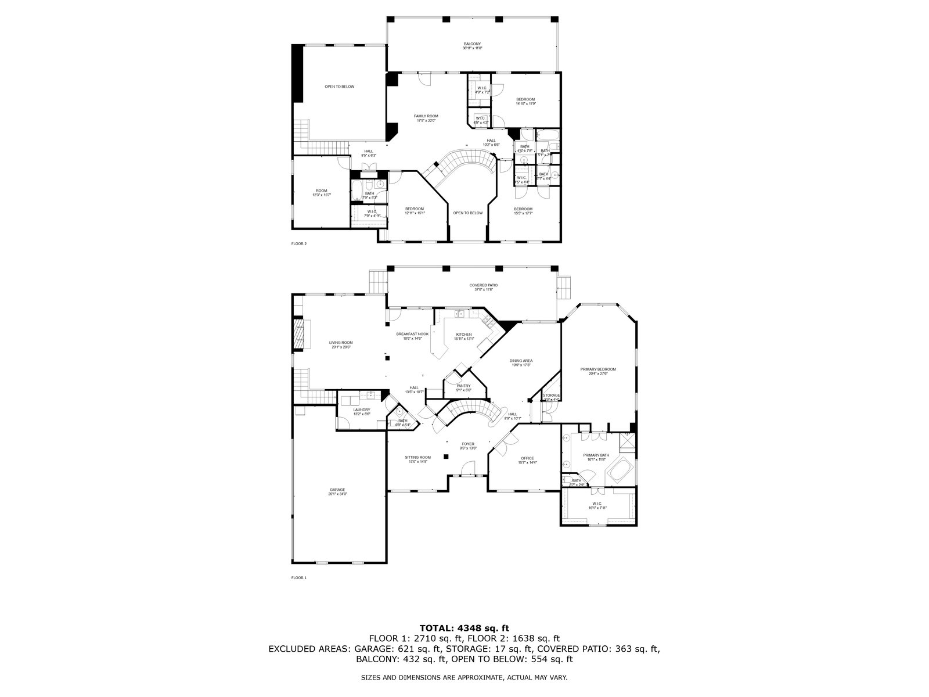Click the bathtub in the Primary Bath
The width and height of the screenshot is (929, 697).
point(621,469)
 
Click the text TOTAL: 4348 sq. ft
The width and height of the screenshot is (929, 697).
point(464,628)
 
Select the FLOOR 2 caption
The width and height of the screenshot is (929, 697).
point(298,244)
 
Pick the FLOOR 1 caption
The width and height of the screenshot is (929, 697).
point(298,578)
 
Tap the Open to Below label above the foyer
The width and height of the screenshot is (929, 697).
point(468,213)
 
